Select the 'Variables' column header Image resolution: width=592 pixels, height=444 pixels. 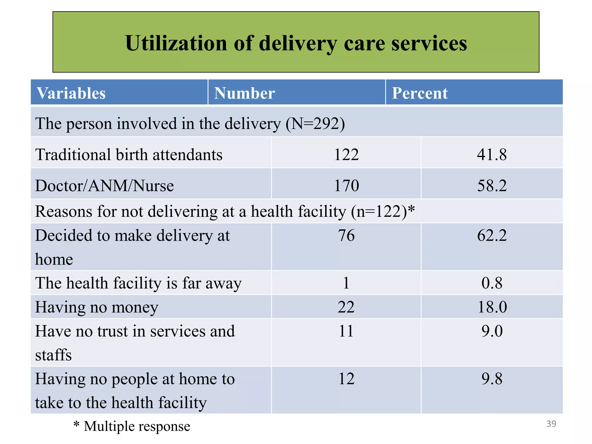(71, 93)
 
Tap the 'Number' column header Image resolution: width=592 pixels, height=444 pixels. (244, 93)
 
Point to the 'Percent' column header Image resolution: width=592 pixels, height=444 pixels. (420, 93)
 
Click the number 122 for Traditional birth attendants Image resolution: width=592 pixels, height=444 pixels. (346, 154)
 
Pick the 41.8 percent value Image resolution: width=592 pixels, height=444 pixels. (492, 154)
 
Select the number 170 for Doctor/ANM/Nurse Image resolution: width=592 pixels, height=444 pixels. (346, 185)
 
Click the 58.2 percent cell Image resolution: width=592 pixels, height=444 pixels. (492, 185)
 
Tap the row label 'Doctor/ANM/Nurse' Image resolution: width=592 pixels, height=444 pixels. (104, 185)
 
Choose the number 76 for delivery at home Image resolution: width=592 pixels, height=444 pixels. (346, 235)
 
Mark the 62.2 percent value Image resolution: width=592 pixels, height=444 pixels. (492, 235)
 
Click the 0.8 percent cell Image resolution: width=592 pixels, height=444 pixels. (492, 283)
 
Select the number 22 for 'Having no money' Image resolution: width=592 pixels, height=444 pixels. (346, 307)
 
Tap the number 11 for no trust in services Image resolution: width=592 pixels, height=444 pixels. (346, 331)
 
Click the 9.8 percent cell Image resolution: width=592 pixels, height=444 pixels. (492, 378)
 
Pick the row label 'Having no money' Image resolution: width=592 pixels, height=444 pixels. (97, 307)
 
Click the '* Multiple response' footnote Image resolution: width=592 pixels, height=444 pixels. (132, 426)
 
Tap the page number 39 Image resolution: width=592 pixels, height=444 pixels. (551, 424)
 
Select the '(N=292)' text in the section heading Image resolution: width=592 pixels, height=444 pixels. (315, 124)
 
